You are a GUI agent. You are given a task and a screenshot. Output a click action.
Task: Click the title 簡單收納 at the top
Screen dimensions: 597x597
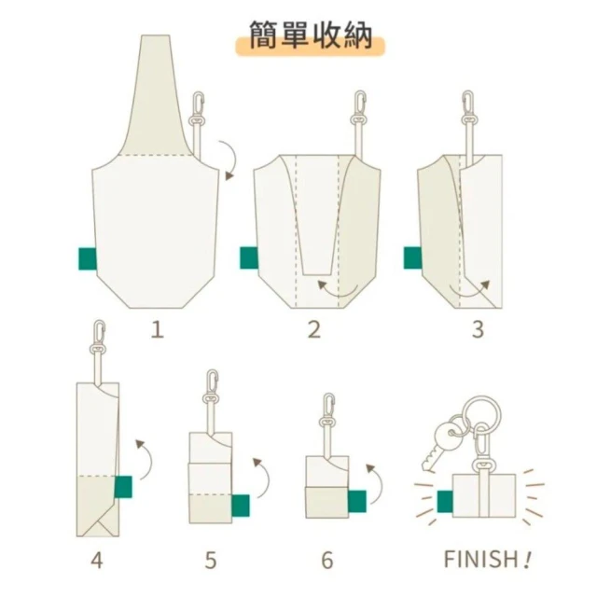311,35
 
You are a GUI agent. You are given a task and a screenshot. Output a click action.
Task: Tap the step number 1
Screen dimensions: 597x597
158,329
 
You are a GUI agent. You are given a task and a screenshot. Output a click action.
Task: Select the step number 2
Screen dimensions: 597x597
314,329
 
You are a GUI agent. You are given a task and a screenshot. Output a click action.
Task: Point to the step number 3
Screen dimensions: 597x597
478,329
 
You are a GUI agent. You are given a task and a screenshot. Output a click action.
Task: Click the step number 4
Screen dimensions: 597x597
97,561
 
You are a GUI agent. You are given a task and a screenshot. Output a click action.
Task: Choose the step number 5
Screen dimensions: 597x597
211,561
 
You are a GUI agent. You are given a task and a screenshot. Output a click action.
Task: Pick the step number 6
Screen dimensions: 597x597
327,561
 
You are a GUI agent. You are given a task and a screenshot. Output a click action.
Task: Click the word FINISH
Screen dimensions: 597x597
480,559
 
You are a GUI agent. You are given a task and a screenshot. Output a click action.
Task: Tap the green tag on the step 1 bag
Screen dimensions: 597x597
87,259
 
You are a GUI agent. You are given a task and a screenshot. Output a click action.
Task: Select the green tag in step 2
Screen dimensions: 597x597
249,257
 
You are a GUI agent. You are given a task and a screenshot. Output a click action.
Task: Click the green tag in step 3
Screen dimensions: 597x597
412,257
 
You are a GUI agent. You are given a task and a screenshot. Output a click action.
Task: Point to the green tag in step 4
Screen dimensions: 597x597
123,487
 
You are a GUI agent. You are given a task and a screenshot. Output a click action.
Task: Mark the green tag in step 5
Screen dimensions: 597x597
241,506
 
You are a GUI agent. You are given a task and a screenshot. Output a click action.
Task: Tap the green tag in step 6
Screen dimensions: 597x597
357,502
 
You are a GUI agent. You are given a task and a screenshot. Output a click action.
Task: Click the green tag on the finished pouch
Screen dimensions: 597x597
445,502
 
